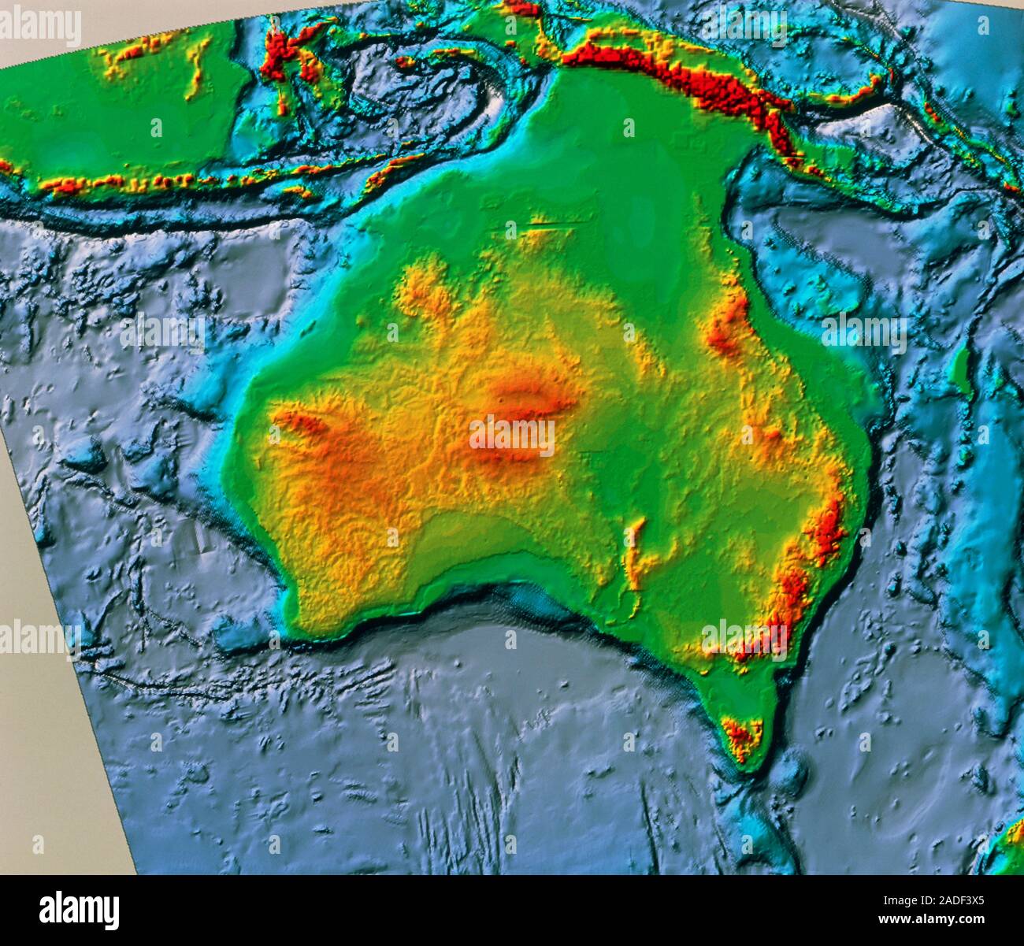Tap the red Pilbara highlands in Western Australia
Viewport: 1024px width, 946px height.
315,429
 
